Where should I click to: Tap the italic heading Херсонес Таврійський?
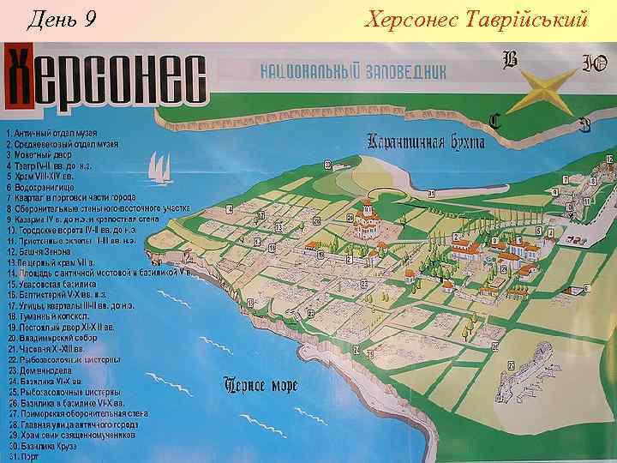tap(476, 17)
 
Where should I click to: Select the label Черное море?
tap(260, 384)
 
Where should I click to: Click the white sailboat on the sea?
tap(159, 171)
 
